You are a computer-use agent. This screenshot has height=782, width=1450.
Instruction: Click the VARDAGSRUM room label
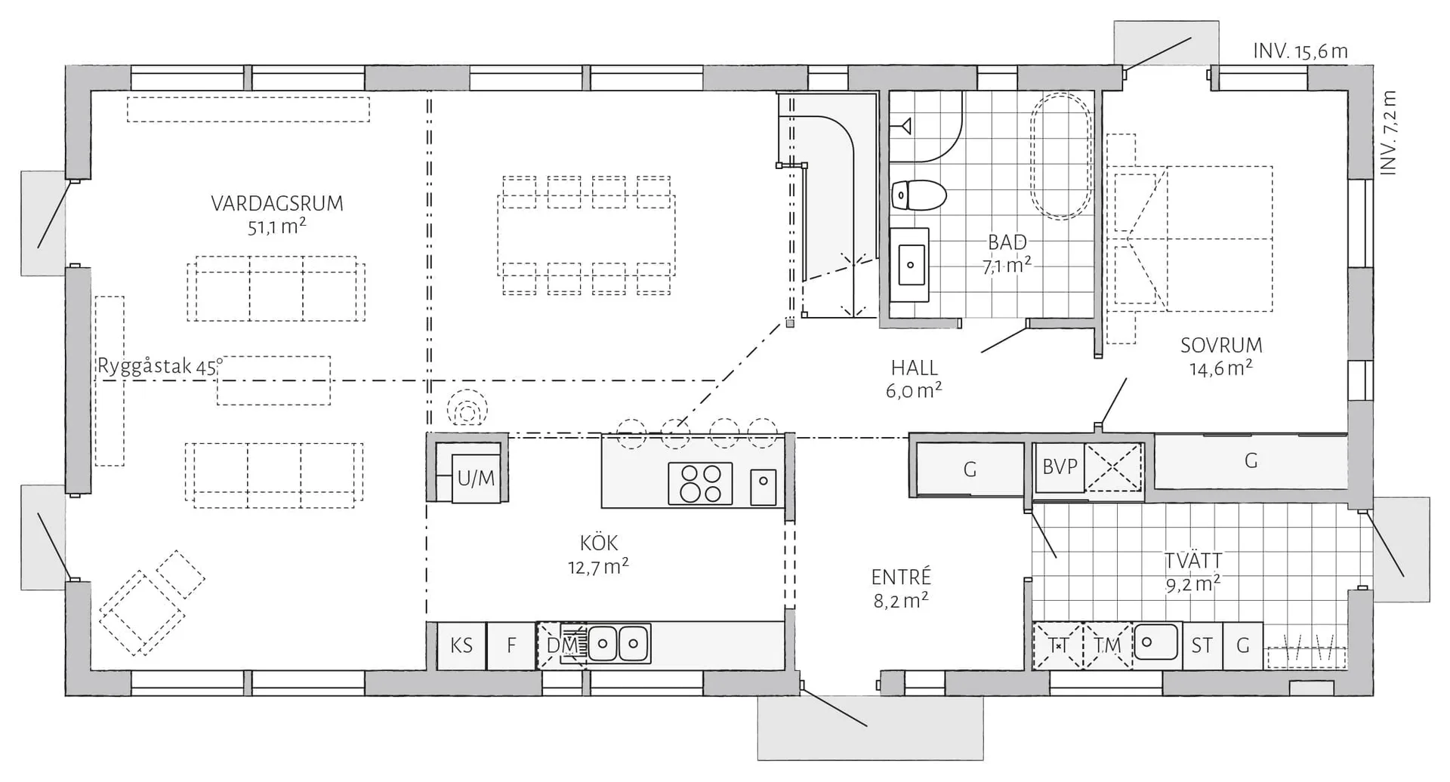tap(276, 204)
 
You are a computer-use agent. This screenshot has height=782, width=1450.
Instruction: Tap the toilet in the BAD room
tap(918, 195)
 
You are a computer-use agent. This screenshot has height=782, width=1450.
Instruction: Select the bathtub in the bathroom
tap(1061, 156)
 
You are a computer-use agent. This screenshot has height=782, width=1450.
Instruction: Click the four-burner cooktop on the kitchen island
tap(700, 483)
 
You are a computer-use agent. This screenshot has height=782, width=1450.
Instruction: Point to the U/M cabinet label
tap(476, 478)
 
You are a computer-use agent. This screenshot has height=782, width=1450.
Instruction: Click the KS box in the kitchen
tap(461, 645)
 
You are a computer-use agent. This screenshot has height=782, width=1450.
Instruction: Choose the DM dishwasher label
tap(562, 645)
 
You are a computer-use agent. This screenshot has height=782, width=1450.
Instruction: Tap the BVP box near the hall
tap(1060, 467)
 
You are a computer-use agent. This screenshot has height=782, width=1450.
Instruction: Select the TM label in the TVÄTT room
tap(1107, 645)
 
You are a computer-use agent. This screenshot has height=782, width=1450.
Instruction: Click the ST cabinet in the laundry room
tap(1202, 645)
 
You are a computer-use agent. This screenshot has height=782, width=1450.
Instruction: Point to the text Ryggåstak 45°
tap(160, 367)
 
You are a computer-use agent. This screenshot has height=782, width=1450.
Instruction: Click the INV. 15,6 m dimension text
tap(1300, 51)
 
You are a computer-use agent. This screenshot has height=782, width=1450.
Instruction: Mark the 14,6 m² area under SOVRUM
tap(1221, 369)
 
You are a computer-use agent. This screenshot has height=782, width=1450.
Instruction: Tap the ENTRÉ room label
tap(901, 577)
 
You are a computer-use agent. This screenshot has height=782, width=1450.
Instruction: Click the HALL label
tap(914, 368)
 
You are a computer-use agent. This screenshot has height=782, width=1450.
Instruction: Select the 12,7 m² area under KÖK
tap(598, 566)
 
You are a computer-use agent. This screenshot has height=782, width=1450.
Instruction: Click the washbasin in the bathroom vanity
tap(910, 264)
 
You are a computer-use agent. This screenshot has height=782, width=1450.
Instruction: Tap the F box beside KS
tap(511, 645)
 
